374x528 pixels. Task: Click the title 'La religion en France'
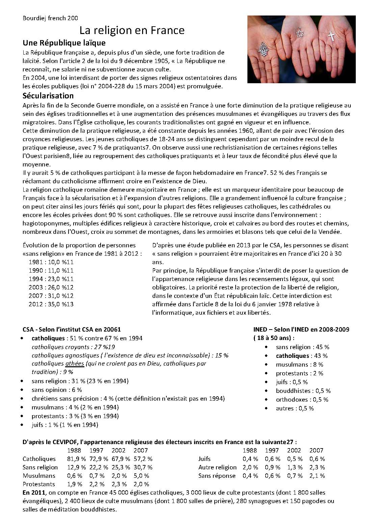coord(132,31)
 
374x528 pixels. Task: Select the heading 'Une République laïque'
coord(64,43)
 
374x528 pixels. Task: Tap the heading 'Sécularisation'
coord(48,95)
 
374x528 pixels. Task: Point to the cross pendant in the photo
coord(331,36)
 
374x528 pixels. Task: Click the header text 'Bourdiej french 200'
coord(50,18)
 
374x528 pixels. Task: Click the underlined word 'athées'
coord(74,364)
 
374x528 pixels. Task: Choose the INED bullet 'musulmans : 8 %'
coord(299,365)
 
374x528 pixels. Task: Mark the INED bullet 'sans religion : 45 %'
coord(302,347)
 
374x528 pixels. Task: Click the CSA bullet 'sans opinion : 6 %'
coord(57,390)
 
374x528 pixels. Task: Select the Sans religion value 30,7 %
coord(143,467)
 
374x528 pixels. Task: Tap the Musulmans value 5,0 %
coord(141,476)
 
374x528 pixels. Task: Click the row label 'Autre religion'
coord(217,467)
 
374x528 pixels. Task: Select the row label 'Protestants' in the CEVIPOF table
coord(38,484)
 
